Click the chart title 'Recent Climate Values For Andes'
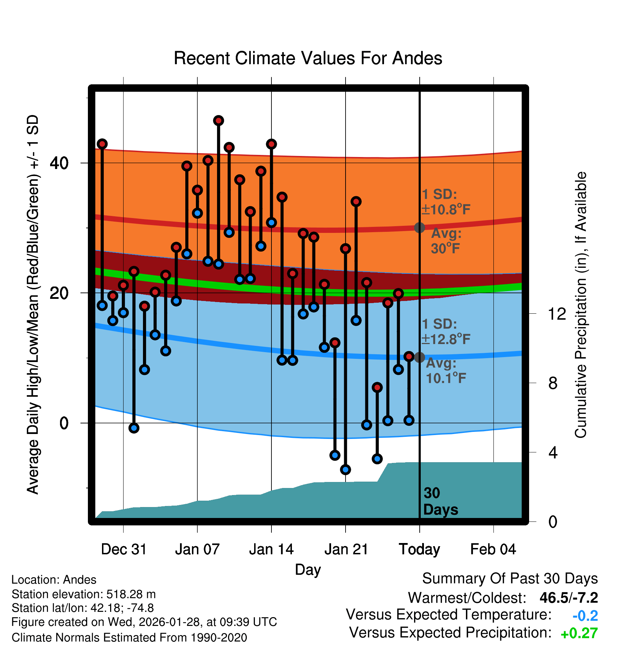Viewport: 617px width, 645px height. (x=308, y=58)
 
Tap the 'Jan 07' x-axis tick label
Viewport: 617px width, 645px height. (x=197, y=549)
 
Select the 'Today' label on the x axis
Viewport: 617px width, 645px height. (x=419, y=549)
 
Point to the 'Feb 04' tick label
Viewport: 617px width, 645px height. (x=493, y=549)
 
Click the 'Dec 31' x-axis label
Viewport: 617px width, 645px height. (x=124, y=549)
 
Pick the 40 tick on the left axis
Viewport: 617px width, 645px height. (x=59, y=163)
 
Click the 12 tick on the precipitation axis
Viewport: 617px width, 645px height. (x=557, y=314)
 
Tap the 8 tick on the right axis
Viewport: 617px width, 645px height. (x=553, y=383)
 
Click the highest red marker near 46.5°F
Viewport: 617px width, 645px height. (x=218, y=121)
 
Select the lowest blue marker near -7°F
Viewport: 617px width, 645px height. (x=346, y=469)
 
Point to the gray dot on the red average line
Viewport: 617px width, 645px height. (x=419, y=228)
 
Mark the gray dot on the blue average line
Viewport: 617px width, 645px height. (x=419, y=357)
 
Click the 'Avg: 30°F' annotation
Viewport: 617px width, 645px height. (x=446, y=241)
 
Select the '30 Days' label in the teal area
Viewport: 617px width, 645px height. (x=440, y=501)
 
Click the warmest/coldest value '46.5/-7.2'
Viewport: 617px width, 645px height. (x=569, y=598)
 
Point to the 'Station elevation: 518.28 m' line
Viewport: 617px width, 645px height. (x=84, y=594)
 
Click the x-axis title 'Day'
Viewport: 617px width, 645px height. (x=308, y=569)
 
